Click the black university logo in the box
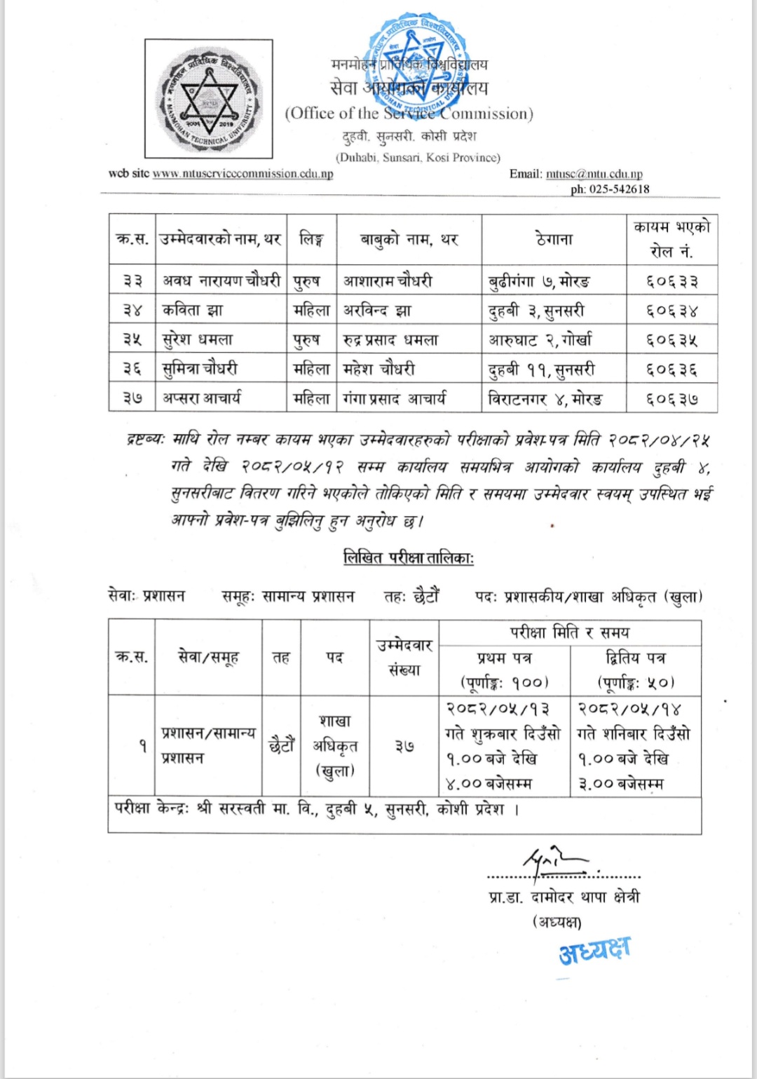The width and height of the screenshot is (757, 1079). pyautogui.click(x=208, y=99)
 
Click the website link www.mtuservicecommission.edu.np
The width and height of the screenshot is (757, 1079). pyautogui.click(x=243, y=174)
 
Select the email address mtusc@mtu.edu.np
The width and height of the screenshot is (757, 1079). pyautogui.click(x=594, y=174)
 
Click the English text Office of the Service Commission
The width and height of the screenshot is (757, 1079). pyautogui.click(x=409, y=114)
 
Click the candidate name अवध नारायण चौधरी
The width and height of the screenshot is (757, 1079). pyautogui.click(x=221, y=280)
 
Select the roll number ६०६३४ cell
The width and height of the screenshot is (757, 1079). pyautogui.click(x=671, y=311)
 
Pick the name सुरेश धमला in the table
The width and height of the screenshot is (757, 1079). pyautogui.click(x=198, y=340)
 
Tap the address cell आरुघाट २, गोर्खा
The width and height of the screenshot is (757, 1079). pyautogui.click(x=540, y=340)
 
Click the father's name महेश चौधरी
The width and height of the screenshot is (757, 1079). pyautogui.click(x=378, y=369)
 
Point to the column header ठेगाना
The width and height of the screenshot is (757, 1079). pyautogui.click(x=554, y=239)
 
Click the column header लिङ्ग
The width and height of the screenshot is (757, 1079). pyautogui.click(x=311, y=239)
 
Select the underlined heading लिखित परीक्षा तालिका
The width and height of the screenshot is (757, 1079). pyautogui.click(x=409, y=558)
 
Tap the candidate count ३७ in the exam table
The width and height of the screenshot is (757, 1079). pyautogui.click(x=404, y=747)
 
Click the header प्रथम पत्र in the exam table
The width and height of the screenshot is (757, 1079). pyautogui.click(x=504, y=658)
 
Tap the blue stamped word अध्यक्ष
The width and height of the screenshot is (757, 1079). pyautogui.click(x=594, y=950)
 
